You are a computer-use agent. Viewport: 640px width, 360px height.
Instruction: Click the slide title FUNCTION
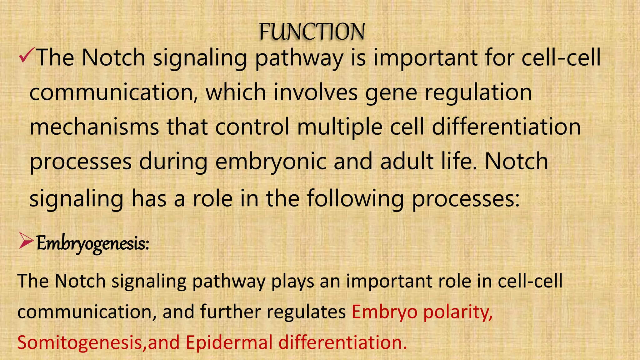312,32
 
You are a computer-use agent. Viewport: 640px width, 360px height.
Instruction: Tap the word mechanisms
94,127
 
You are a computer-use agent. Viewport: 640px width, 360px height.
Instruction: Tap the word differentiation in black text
506,127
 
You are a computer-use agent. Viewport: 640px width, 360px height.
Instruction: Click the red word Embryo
384,312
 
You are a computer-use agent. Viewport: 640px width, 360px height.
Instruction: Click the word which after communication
236,92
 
